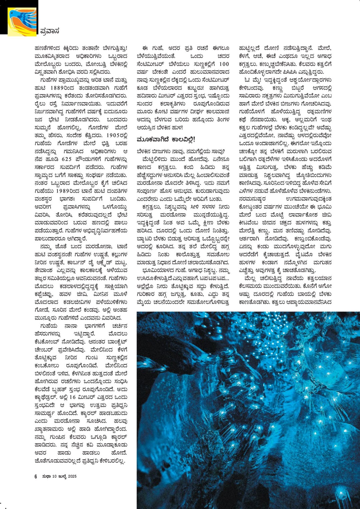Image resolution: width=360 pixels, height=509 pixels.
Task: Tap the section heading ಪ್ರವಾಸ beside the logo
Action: tap(50, 31)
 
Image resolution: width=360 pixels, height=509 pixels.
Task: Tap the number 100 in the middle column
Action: tap(224, 64)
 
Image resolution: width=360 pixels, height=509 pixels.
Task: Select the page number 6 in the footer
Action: tap(36, 476)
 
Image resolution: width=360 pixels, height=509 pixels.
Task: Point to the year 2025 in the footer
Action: tap(72, 476)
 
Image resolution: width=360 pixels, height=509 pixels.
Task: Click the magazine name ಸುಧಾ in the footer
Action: tap(46, 476)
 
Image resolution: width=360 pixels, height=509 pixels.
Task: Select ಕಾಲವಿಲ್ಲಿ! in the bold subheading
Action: tap(184, 139)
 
